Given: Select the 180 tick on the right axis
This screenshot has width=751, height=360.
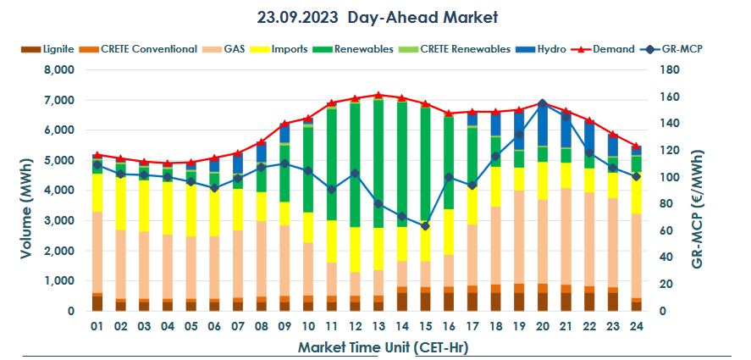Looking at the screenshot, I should (668, 70).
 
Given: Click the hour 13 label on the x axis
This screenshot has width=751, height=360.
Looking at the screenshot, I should (378, 327).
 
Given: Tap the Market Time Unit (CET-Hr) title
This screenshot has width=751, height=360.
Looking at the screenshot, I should (384, 347).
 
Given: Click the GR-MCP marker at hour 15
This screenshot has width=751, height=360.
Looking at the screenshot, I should (424, 226).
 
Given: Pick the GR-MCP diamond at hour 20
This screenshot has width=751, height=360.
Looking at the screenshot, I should (542, 103).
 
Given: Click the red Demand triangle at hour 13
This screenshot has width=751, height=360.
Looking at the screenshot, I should (378, 95).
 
